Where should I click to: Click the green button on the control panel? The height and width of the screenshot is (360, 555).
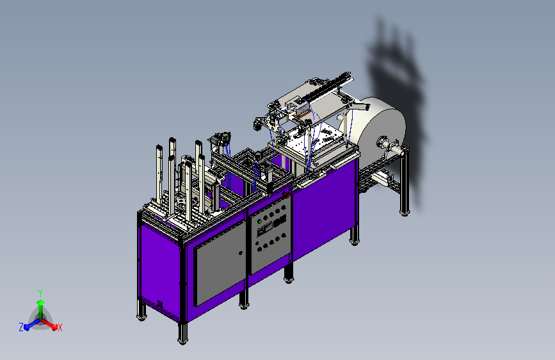point(259,222)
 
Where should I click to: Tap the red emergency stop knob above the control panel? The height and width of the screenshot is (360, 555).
point(286,195)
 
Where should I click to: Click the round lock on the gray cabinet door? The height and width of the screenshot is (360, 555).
point(241,253)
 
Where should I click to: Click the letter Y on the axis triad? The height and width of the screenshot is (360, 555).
point(40,293)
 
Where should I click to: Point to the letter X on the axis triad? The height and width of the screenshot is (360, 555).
point(60,328)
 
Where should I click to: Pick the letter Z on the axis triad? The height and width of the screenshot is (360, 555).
point(21,327)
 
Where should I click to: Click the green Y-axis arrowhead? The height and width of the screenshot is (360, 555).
point(41,303)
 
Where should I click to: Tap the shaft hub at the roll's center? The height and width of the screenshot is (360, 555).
point(382,142)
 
